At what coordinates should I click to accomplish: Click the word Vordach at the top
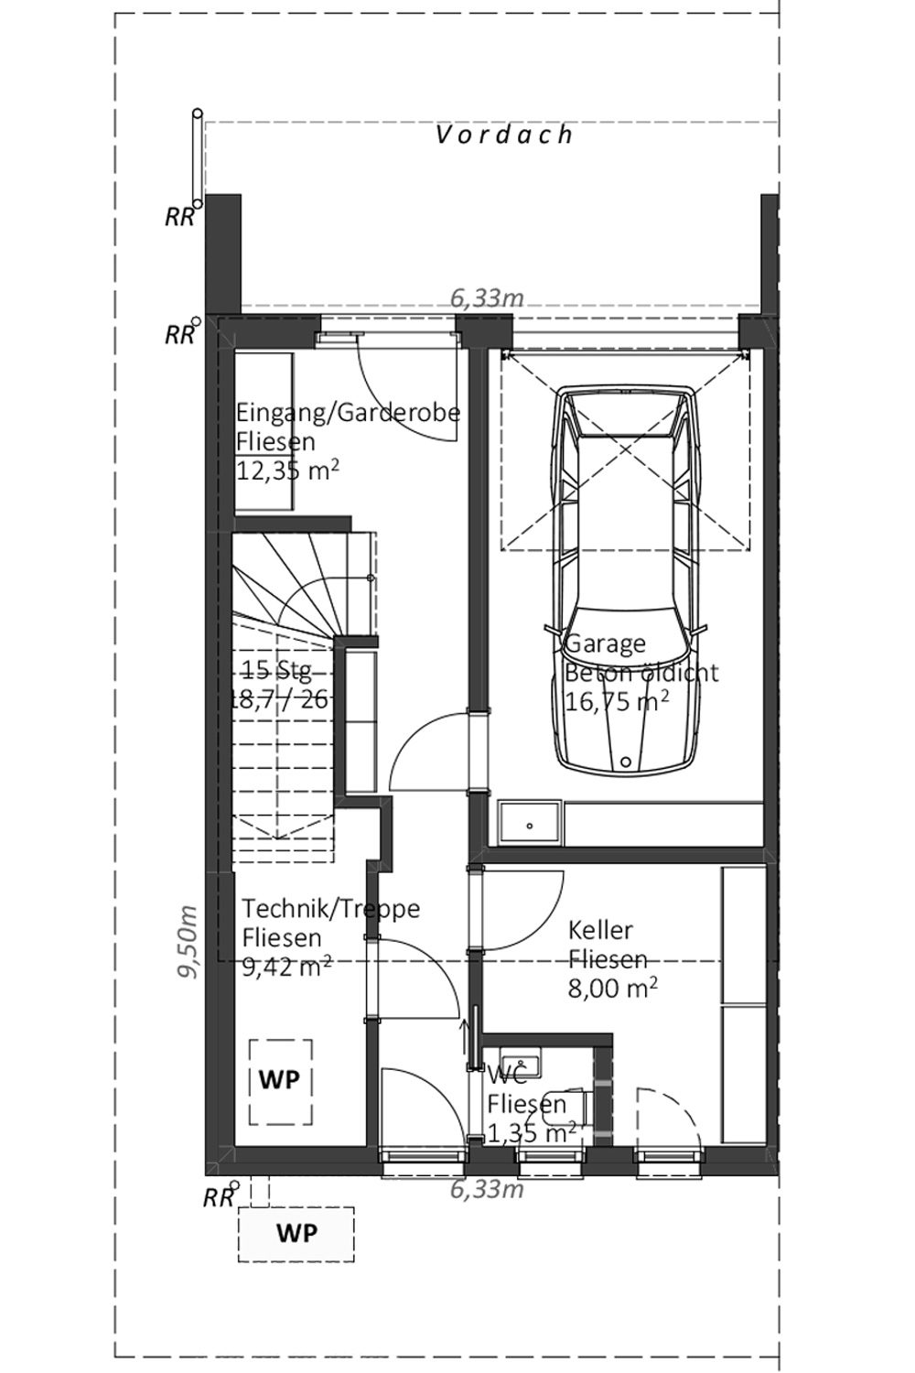(x=504, y=135)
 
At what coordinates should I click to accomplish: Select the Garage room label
(x=605, y=643)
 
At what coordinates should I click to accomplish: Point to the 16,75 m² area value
(x=617, y=701)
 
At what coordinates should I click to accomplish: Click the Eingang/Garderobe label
(x=348, y=412)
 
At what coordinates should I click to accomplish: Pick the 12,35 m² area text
(x=287, y=470)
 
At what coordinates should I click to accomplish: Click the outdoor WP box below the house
(x=296, y=1234)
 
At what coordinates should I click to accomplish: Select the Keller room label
(x=600, y=930)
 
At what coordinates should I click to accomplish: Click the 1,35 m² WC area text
(x=532, y=1133)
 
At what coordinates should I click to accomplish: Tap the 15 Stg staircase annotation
(x=277, y=671)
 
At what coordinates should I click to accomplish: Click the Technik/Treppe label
(x=331, y=908)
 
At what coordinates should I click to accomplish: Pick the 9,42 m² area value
(x=286, y=967)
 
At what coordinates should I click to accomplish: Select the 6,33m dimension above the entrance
(x=487, y=298)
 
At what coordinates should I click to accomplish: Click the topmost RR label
(x=179, y=217)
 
